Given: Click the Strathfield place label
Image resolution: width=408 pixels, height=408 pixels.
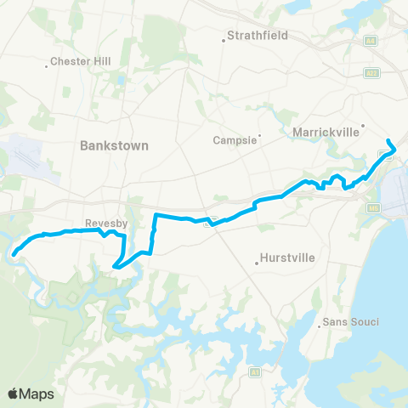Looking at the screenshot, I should click(259, 36).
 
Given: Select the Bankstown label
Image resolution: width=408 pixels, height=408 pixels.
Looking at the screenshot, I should click(114, 145).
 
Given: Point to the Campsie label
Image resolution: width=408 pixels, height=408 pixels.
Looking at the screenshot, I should click(235, 139).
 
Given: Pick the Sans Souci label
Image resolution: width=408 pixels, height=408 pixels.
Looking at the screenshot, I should click(349, 322).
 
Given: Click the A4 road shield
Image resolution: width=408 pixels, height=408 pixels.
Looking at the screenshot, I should click(371, 40).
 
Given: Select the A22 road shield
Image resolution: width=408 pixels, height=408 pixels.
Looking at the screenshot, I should click(371, 74).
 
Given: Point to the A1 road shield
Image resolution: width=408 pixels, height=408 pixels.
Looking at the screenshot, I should click(253, 372).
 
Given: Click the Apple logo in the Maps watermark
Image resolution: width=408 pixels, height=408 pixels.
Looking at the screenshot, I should click(13, 394).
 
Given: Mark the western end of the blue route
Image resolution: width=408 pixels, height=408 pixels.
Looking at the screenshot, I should click(14, 252).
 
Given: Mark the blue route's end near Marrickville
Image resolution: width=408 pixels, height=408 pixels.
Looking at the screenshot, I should click(388, 140).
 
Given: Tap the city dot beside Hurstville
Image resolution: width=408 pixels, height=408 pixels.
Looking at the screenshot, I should click(256, 263).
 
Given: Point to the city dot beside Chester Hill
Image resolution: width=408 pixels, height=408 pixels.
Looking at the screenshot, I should click(46, 66).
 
